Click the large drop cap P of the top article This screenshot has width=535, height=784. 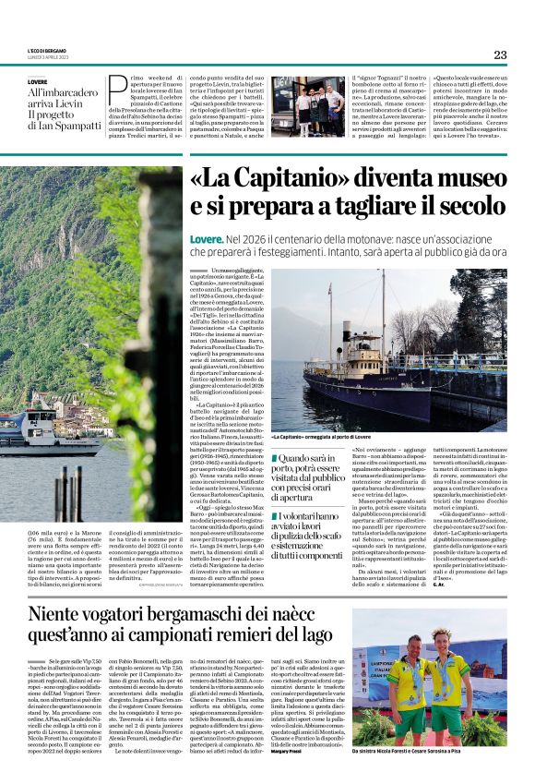coord(117,90)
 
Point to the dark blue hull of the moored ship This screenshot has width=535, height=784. coord(369,388)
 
